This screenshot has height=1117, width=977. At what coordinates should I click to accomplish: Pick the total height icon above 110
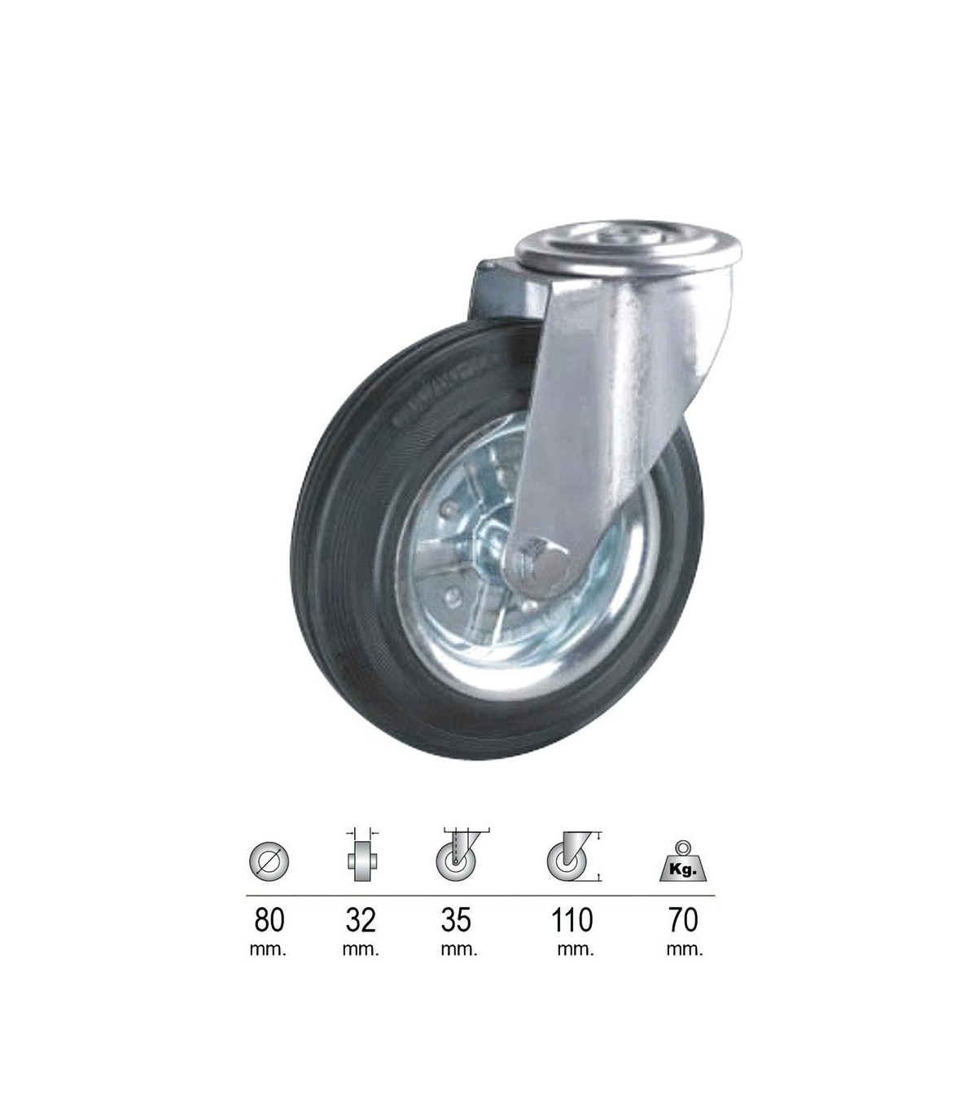point(574,856)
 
